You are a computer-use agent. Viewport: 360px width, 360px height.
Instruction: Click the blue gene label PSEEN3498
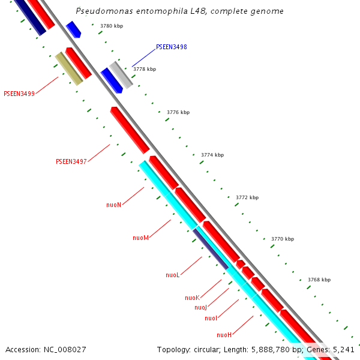(x=172, y=47)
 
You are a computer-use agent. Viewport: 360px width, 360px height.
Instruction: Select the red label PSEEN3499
(x=19, y=94)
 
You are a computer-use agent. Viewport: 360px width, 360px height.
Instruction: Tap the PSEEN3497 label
(x=71, y=161)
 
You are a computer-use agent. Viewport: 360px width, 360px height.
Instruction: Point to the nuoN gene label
(x=114, y=205)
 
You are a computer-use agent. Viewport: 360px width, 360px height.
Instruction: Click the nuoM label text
(x=140, y=238)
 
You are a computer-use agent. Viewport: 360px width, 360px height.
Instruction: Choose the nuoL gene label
(x=173, y=275)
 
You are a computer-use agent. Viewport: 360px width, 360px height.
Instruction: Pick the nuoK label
(x=192, y=298)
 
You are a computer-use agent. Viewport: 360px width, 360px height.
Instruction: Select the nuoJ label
(x=200, y=307)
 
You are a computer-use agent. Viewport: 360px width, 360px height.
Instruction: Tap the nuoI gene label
(x=211, y=318)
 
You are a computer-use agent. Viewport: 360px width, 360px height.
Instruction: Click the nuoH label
(x=224, y=335)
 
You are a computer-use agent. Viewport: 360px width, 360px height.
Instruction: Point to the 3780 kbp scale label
(x=112, y=26)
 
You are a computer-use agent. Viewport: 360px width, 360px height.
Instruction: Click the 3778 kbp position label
(x=145, y=69)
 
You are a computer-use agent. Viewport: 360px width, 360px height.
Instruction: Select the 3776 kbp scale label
(x=178, y=112)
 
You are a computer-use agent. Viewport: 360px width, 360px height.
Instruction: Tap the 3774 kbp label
(x=212, y=155)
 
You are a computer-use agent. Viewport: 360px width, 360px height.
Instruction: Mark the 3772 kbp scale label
(x=247, y=197)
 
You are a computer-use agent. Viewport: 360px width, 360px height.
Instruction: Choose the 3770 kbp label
(x=283, y=239)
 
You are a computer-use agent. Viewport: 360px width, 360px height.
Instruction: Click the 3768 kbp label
(x=319, y=280)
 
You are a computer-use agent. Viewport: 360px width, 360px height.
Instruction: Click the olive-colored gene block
(x=69, y=68)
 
